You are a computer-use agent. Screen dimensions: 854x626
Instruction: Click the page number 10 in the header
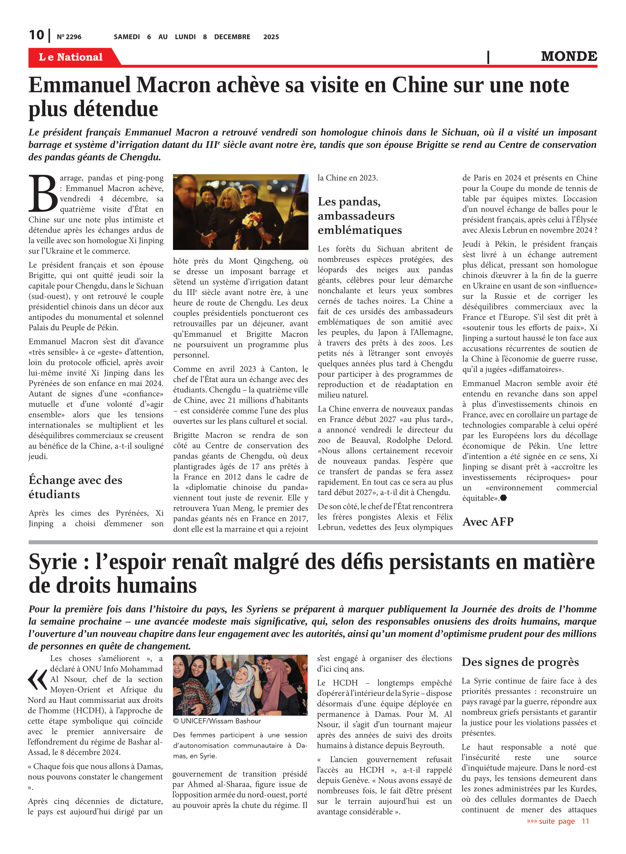pyautogui.click(x=36, y=35)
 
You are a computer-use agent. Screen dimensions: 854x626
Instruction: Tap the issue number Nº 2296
pyautogui.click(x=69, y=37)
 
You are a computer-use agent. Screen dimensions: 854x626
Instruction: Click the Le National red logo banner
pyautogui.click(x=71, y=57)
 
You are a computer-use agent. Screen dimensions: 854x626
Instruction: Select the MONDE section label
pyautogui.click(x=569, y=56)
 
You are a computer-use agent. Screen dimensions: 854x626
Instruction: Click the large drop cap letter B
pyautogui.click(x=43, y=193)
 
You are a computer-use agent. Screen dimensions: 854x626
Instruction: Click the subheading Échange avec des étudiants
pyautogui.click(x=75, y=487)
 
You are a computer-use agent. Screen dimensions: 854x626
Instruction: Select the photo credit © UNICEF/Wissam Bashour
pyautogui.click(x=217, y=721)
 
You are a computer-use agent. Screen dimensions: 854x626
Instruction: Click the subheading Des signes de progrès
pyautogui.click(x=520, y=662)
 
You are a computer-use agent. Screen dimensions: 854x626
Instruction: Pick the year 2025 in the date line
pyautogui.click(x=271, y=37)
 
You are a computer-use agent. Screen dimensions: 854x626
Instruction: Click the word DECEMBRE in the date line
pyautogui.click(x=232, y=37)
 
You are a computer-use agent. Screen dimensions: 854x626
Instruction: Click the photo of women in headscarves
pyautogui.click(x=240, y=685)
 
